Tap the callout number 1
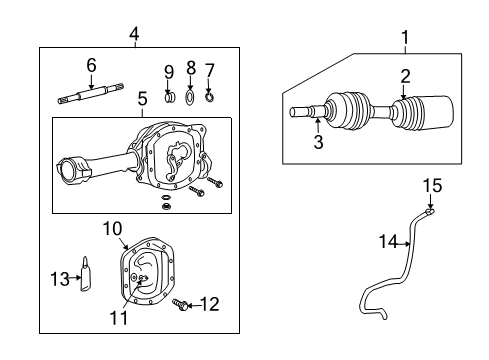coord(405,38)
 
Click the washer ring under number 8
coord(190,97)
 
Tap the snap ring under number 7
coord(210,97)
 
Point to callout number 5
coord(141,100)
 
